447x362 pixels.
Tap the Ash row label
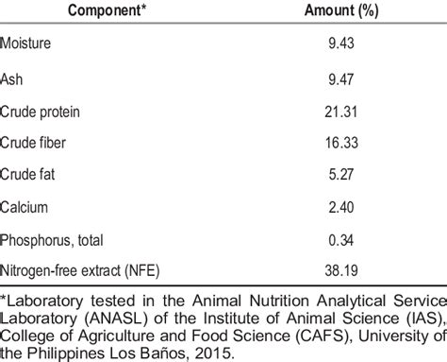pos(13,79)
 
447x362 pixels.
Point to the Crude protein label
pos(41,112)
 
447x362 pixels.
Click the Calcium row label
pos(25,207)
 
